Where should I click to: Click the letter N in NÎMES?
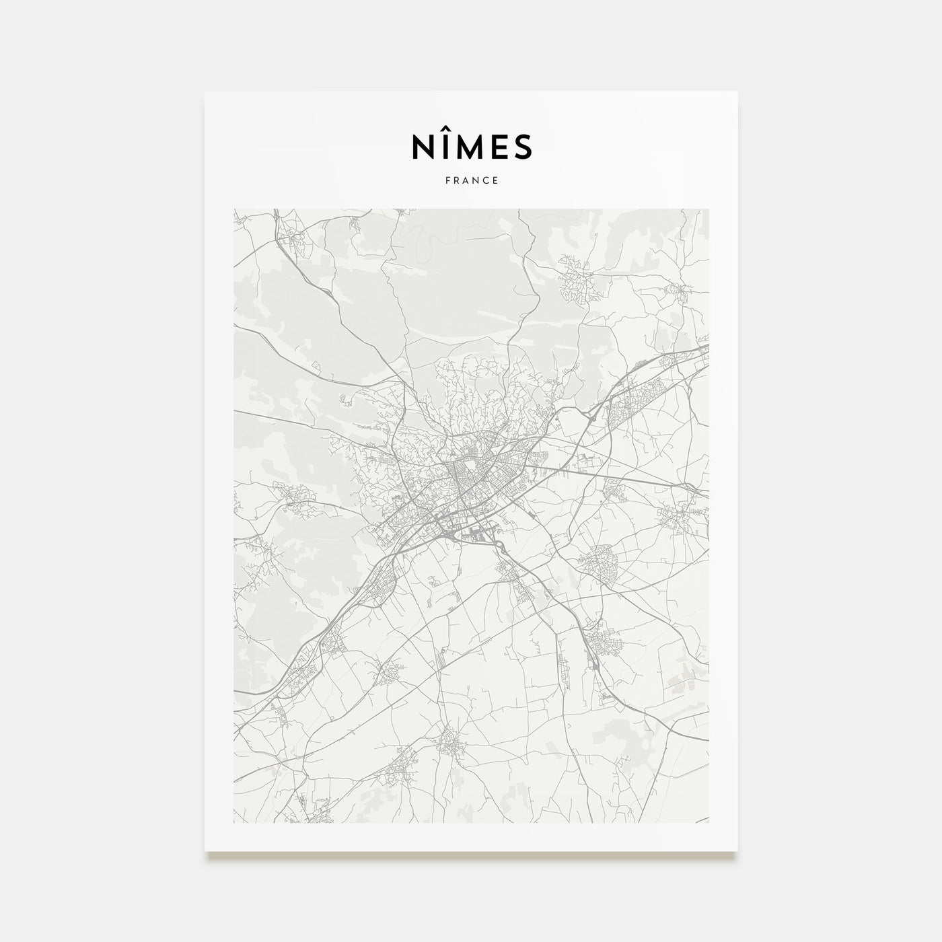[x=422, y=147]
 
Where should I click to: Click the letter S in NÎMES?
[x=523, y=147]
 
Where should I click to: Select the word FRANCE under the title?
[x=471, y=180]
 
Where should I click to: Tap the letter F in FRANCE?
[x=447, y=180]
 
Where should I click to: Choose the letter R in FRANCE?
[x=456, y=180]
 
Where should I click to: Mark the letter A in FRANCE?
[x=466, y=180]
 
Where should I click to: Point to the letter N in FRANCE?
[x=476, y=180]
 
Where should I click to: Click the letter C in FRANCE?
[x=486, y=180]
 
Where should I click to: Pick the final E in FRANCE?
[x=495, y=180]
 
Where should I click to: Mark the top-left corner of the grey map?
[x=234, y=209]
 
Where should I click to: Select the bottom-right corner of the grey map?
[x=709, y=822]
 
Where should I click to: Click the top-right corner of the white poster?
[x=737, y=92]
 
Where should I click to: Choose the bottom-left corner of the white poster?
[x=205, y=850]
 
